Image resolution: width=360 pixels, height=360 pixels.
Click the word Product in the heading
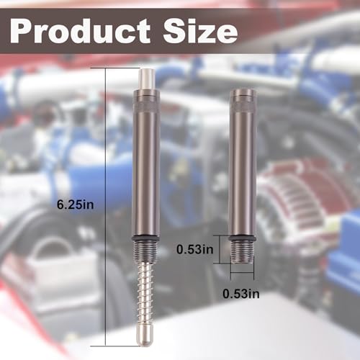[80, 31]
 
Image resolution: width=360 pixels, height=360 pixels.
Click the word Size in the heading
[200, 31]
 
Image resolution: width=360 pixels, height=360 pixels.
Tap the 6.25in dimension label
[75, 205]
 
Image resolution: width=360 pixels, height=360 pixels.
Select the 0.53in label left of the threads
[195, 249]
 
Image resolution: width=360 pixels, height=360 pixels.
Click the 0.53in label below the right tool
[241, 294]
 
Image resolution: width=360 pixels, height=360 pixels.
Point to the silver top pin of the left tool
[148, 79]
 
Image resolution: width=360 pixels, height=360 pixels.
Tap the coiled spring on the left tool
[145, 293]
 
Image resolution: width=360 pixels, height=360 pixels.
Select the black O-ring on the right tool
[242, 238]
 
